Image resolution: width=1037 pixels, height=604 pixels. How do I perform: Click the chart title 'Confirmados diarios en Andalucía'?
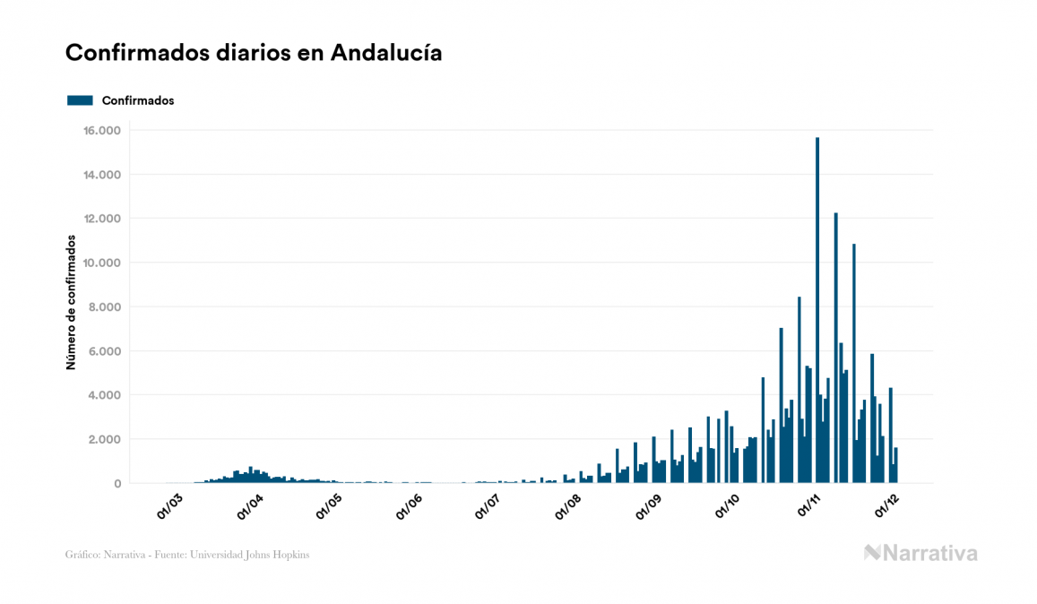pyautogui.click(x=254, y=53)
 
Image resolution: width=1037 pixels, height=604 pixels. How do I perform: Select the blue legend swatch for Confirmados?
pyautogui.click(x=80, y=100)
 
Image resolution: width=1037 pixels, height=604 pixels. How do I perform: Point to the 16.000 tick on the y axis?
pyautogui.click(x=101, y=131)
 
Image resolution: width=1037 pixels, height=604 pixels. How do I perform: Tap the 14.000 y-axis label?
pyautogui.click(x=101, y=175)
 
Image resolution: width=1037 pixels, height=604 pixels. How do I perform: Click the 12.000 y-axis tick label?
pyautogui.click(x=101, y=219)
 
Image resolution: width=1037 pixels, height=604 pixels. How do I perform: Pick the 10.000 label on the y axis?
pyautogui.click(x=101, y=263)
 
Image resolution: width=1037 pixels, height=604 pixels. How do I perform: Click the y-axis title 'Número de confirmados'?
pyautogui.click(x=70, y=303)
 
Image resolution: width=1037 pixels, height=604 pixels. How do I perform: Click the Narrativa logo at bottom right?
pyautogui.click(x=920, y=553)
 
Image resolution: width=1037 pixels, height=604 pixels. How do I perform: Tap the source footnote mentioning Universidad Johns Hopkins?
pyautogui.click(x=187, y=555)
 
